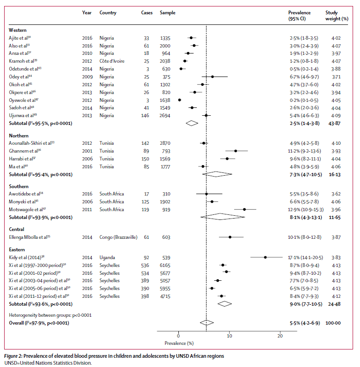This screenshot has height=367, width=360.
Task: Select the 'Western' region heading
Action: point(18,30)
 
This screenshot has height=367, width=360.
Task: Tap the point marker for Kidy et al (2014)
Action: point(265,257)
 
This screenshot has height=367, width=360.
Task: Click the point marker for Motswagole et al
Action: point(244,209)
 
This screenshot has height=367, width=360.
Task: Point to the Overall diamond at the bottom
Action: point(207,323)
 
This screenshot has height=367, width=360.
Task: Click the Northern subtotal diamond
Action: point(217,174)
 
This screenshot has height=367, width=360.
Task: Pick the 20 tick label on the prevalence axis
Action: point(280,336)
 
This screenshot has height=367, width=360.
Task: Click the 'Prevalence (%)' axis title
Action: point(179,343)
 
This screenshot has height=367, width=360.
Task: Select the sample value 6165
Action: point(166,265)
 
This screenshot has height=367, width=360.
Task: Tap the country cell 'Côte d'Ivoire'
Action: point(112,61)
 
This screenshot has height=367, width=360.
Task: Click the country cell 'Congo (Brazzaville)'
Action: point(118,237)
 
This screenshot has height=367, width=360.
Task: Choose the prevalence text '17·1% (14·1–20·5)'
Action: point(303,257)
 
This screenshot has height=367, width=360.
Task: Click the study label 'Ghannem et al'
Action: point(25,150)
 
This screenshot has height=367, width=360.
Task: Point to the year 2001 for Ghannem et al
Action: point(87,150)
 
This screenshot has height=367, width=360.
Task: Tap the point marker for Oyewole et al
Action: point(180,100)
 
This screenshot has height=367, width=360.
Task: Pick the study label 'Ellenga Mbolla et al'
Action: point(30,237)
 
